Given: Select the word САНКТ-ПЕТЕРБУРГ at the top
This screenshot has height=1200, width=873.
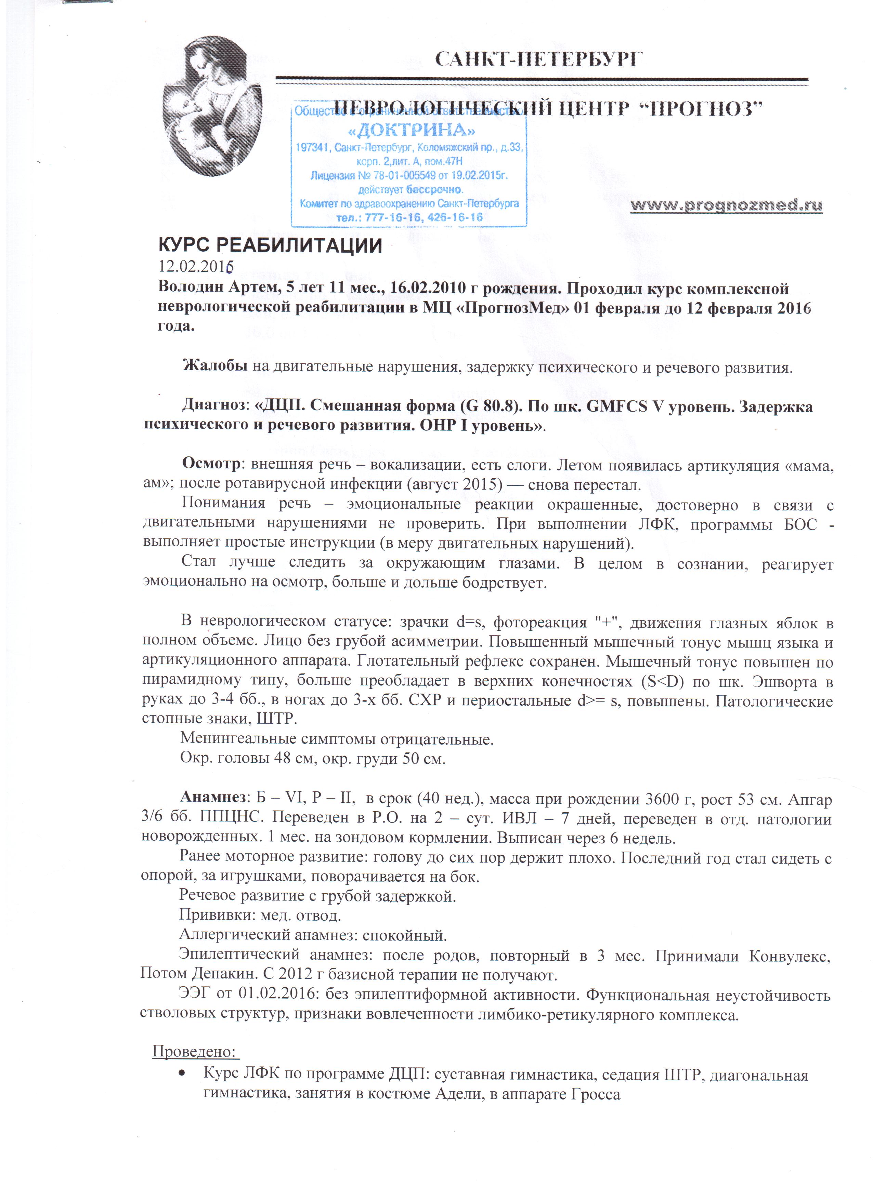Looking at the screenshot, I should click(x=539, y=59).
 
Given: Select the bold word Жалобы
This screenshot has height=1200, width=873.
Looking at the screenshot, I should click(x=214, y=365).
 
